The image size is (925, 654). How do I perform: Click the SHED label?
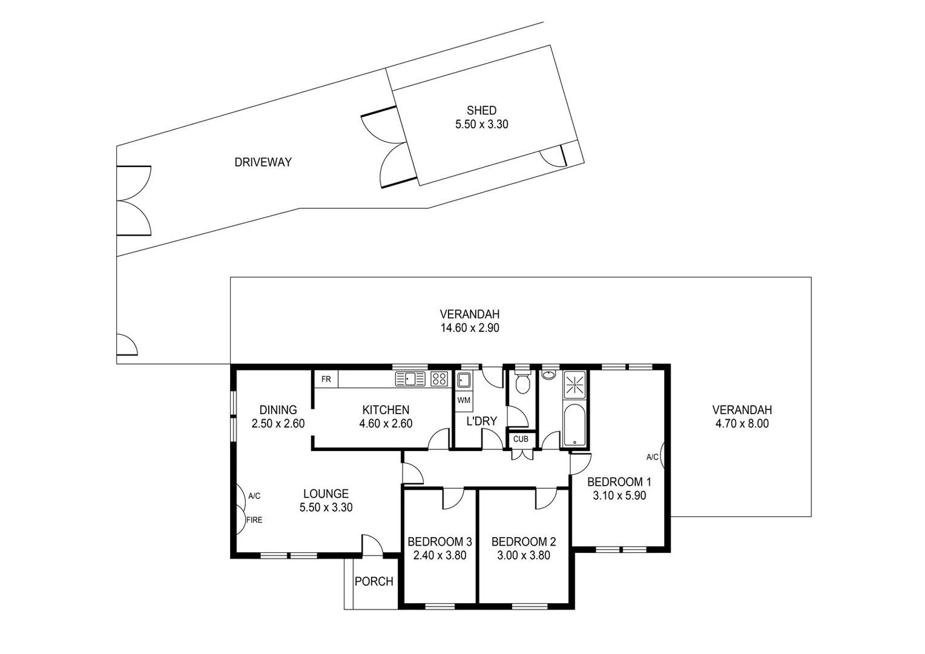(481, 111)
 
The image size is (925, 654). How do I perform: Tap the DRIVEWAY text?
(263, 162)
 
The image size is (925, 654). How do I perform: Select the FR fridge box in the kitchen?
(326, 380)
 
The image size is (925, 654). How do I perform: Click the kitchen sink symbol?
(410, 379)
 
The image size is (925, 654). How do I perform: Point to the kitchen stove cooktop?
(439, 379)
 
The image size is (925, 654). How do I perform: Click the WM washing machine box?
(464, 400)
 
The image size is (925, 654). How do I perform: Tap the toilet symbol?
(521, 383)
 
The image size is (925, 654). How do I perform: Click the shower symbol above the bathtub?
(574, 385)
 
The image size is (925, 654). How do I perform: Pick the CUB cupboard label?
(521, 439)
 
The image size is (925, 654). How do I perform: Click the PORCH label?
(374, 581)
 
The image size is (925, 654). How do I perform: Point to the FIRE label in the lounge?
(254, 520)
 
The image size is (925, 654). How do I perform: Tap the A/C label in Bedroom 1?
(652, 457)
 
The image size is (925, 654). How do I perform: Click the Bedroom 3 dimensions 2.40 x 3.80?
(439, 555)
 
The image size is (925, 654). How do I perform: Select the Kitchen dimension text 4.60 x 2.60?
(386, 424)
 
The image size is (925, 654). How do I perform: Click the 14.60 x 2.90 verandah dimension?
(470, 328)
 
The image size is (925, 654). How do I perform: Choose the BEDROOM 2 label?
(523, 542)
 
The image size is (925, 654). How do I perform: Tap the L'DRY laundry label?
(481, 421)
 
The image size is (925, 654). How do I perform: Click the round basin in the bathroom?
(549, 374)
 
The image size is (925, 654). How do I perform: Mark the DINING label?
(278, 410)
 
